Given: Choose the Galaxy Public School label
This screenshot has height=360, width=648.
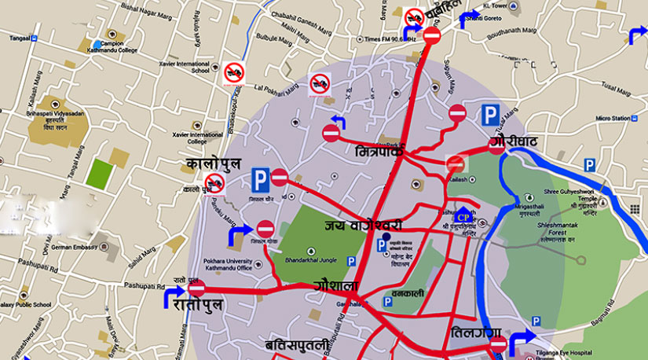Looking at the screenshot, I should tap(27, 302).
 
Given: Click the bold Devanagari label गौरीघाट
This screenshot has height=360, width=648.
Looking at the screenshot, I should tap(513, 142).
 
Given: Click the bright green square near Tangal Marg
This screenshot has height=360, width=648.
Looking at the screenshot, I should tap(98, 174).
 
